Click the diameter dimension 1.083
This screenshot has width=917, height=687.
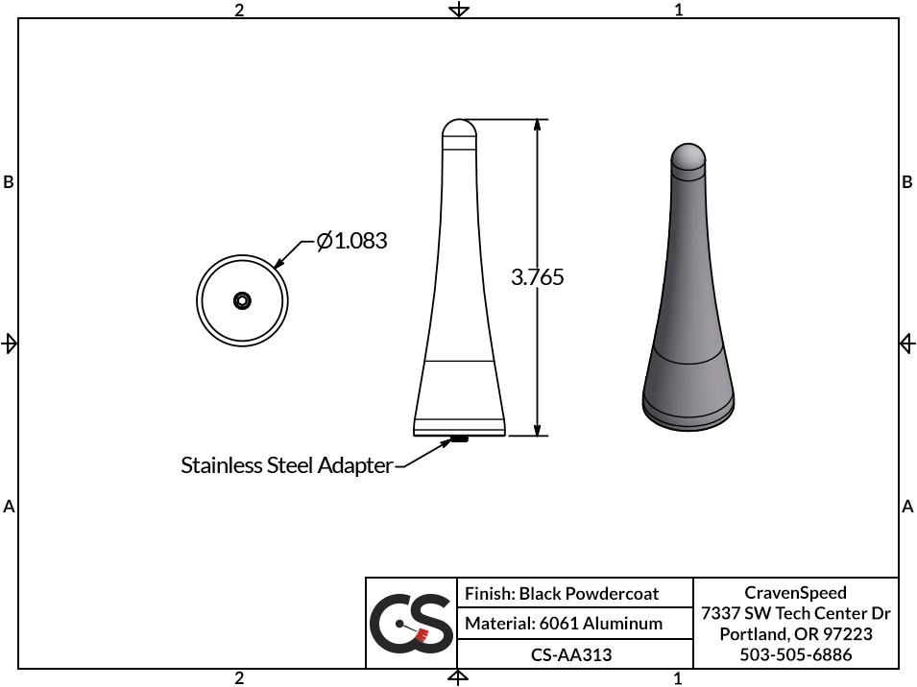[x=351, y=241]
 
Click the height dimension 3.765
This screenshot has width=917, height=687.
[x=537, y=277]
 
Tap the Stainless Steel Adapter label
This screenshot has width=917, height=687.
[x=286, y=466]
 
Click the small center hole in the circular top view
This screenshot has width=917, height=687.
[x=242, y=301]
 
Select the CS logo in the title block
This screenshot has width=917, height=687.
[x=411, y=624]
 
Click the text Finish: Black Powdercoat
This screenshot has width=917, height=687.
[x=562, y=594]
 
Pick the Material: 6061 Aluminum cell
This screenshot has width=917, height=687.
[x=564, y=624]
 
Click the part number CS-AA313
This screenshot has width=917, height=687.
[x=571, y=654]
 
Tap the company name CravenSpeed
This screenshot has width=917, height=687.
[x=795, y=593]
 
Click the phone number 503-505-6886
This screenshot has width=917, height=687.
[x=795, y=654]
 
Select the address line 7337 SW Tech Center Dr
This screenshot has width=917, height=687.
[x=795, y=613]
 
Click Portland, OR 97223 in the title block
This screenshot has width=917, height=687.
[x=795, y=634]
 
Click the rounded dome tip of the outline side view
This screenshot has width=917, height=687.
[x=459, y=127]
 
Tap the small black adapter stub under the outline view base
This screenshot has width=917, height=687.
[x=459, y=440]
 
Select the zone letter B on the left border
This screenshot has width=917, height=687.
[x=9, y=182]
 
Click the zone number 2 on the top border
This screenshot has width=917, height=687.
[x=239, y=10]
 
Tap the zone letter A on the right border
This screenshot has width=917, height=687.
[x=907, y=507]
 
